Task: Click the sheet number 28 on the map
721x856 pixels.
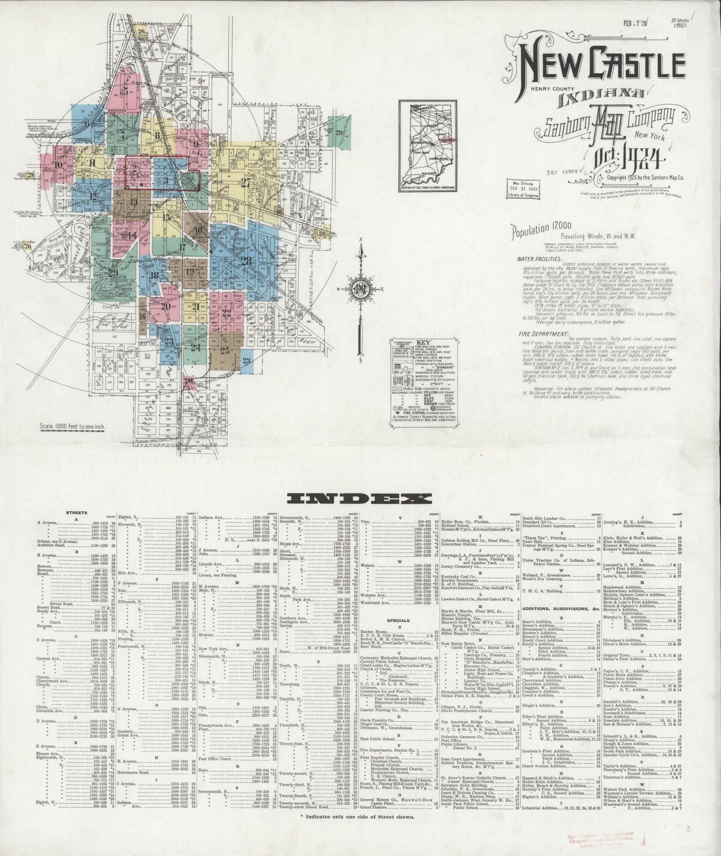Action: point(246,260)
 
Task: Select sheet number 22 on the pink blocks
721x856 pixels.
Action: point(227,313)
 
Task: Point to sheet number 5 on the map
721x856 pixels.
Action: point(126,90)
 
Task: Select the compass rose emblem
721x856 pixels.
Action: point(360,289)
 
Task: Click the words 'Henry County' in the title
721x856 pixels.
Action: point(535,89)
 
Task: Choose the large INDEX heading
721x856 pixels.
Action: point(360,498)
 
